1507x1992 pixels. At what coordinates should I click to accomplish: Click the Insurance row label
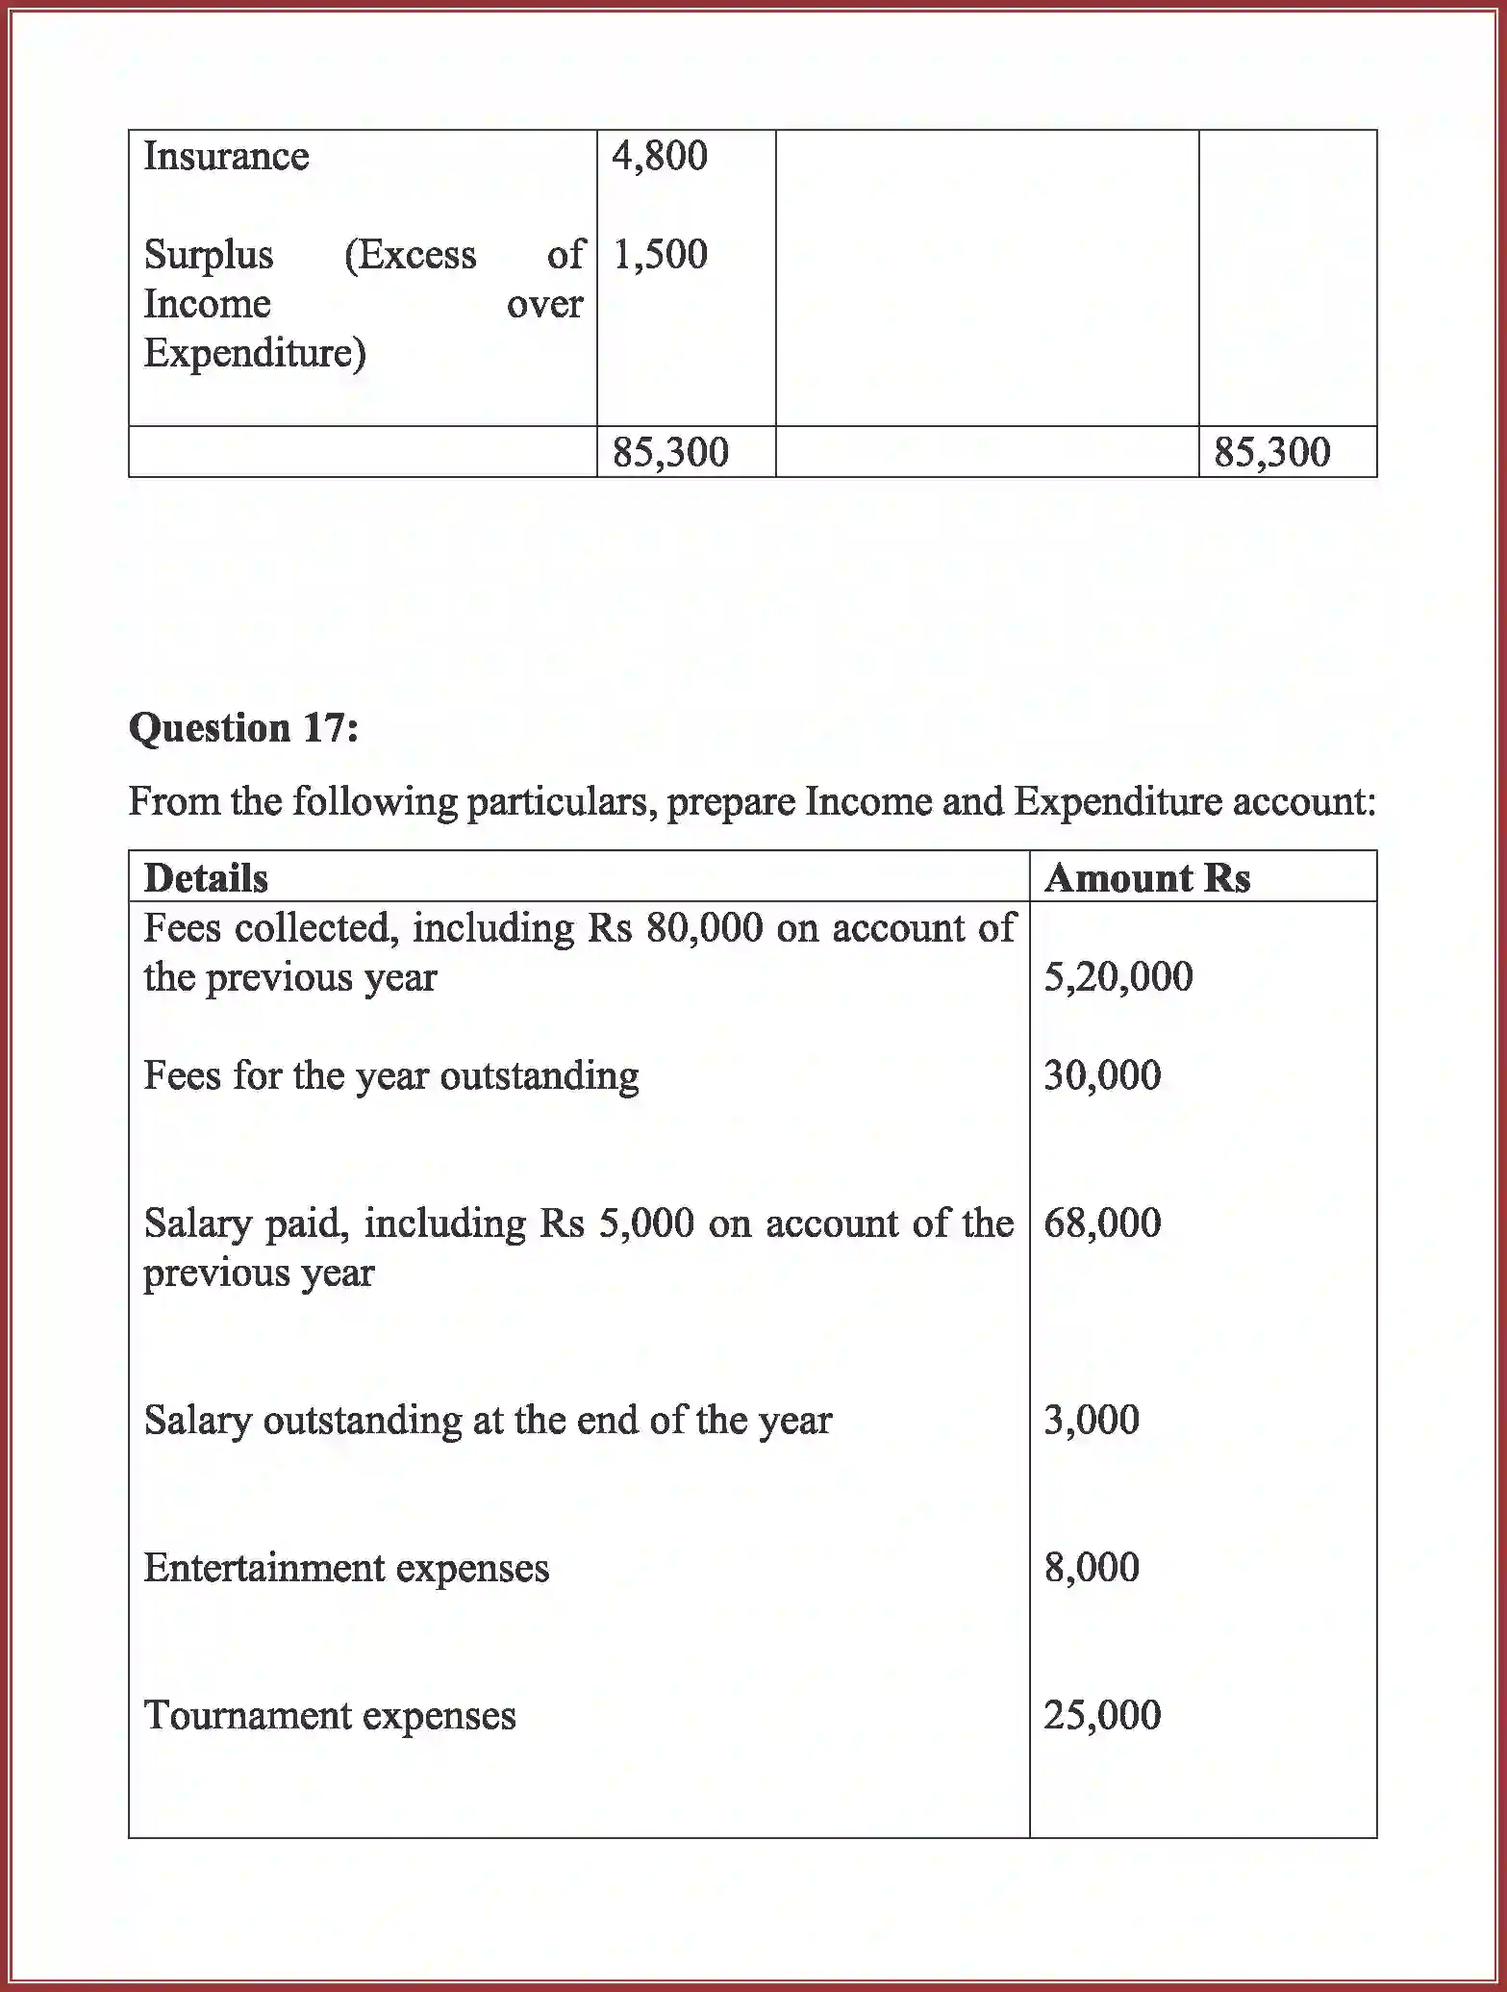(226, 157)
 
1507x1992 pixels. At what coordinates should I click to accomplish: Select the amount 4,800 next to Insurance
(660, 157)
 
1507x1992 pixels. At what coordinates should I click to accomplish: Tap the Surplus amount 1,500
(660, 255)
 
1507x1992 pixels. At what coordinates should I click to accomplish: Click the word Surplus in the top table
(209, 256)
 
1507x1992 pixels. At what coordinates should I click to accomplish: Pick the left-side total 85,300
(670, 452)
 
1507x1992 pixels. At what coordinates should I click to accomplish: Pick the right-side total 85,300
(1271, 452)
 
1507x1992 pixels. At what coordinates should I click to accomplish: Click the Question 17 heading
(243, 728)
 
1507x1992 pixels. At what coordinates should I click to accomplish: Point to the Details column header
(206, 878)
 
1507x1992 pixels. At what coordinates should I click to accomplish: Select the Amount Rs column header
(1146, 878)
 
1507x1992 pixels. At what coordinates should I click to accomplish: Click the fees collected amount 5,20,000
(1118, 977)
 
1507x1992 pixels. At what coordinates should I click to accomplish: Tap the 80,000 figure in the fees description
(705, 928)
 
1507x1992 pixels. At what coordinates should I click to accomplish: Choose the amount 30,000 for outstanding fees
(1102, 1075)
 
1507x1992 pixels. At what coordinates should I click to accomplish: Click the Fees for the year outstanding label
(390, 1076)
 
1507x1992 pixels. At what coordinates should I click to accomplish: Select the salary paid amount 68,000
(1102, 1223)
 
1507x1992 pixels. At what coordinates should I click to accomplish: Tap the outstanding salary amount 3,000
(1092, 1421)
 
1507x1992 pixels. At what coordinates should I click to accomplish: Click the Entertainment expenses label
(346, 1569)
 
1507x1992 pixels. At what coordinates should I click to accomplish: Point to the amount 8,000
(1092, 1569)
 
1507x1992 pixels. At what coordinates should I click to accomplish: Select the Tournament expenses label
(330, 1717)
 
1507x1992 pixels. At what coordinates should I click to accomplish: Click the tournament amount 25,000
(1102, 1716)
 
